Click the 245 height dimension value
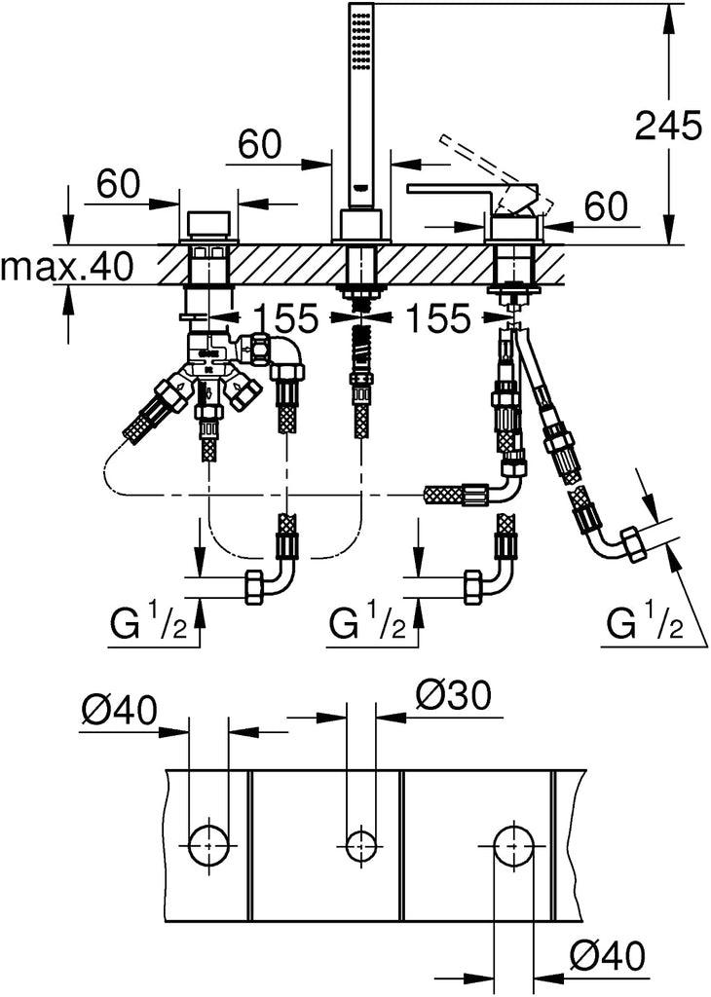(667, 127)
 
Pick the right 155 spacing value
(437, 316)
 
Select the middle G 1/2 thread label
(369, 622)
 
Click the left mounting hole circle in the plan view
(208, 842)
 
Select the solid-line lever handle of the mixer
(458, 189)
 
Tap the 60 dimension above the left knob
(118, 183)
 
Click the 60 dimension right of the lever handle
(605, 206)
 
